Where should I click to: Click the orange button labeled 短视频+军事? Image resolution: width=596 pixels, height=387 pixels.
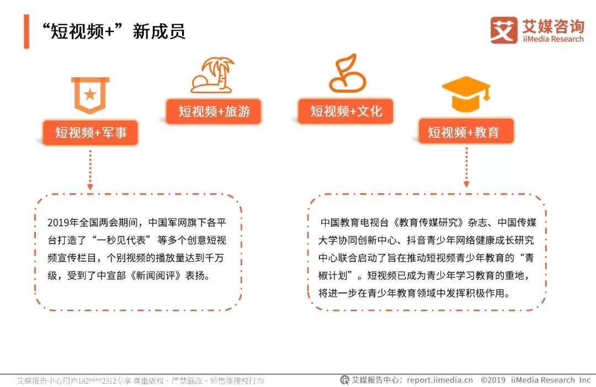pyautogui.click(x=90, y=132)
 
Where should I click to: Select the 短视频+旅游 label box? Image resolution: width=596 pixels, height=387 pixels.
pyautogui.click(x=214, y=112)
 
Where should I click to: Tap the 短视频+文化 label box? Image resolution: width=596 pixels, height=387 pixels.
pyautogui.click(x=345, y=111)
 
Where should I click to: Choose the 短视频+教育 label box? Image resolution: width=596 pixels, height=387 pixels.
pyautogui.click(x=466, y=131)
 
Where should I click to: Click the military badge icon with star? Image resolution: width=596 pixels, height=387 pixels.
pyautogui.click(x=90, y=95)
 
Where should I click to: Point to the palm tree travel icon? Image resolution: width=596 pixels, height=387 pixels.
pyautogui.click(x=212, y=75)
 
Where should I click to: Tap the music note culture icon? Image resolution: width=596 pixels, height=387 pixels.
pyautogui.click(x=347, y=73)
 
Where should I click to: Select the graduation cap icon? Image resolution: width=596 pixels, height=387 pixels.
pyautogui.click(x=466, y=93)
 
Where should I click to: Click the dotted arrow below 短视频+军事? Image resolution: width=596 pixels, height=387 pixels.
pyautogui.click(x=90, y=170)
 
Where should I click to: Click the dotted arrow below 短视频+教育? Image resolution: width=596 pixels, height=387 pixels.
pyautogui.click(x=466, y=167)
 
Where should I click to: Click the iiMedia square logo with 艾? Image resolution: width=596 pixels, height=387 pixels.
pyautogui.click(x=504, y=30)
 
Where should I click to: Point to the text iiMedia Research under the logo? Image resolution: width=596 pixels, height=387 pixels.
pyautogui.click(x=553, y=39)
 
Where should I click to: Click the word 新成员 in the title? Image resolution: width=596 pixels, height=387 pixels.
pyautogui.click(x=159, y=31)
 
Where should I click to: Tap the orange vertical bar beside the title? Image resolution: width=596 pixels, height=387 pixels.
pyautogui.click(x=26, y=31)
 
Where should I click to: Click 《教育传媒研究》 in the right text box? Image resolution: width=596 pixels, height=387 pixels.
pyautogui.click(x=428, y=222)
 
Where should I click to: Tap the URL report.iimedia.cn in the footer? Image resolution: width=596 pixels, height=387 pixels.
pyautogui.click(x=440, y=380)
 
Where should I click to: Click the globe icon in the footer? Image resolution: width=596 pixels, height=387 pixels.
pyautogui.click(x=344, y=380)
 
